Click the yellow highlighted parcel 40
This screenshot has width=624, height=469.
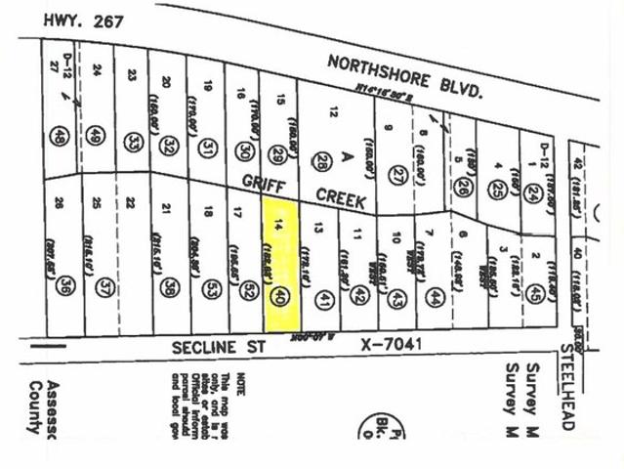point(280,264)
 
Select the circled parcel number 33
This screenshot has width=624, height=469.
point(134,142)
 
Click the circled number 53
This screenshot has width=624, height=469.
point(211,288)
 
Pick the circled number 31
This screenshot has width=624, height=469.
point(207,148)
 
